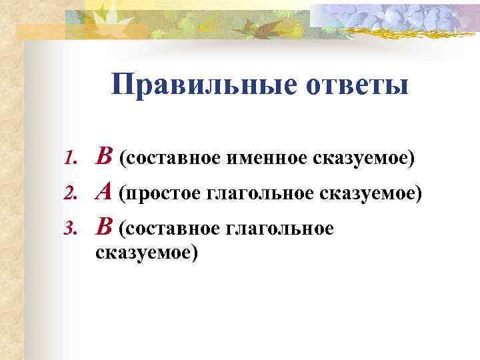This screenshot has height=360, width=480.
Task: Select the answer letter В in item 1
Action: coord(105,158)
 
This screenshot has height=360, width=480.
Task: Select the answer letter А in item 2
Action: coord(104,193)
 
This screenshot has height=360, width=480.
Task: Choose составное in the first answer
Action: coord(172,159)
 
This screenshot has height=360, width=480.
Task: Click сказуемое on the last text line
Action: coord(147,253)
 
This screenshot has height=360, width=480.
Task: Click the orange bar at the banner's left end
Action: coord(40,30)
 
